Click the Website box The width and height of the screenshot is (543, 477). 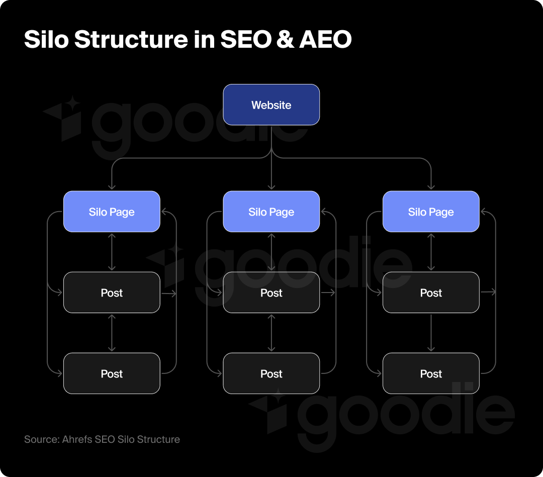(271, 105)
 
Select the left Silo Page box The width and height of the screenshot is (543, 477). (112, 212)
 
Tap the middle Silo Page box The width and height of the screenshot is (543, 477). (271, 212)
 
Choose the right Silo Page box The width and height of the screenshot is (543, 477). (431, 212)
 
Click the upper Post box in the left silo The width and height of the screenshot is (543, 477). (112, 293)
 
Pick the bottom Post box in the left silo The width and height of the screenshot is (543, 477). (112, 373)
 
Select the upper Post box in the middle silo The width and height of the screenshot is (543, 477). (271, 293)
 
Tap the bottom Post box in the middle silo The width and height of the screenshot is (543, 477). (271, 373)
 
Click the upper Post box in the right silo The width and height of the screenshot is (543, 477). (431, 293)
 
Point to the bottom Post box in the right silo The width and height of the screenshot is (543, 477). (431, 373)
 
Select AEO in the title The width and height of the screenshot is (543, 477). (325, 40)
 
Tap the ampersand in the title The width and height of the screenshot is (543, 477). (285, 40)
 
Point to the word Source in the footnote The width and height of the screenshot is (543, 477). (41, 439)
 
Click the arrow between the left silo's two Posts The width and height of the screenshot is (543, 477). (112, 333)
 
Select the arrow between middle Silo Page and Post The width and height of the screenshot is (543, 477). (271, 252)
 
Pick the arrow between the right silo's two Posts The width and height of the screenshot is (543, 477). (431, 333)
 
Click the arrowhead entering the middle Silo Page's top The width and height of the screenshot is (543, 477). (271, 187)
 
